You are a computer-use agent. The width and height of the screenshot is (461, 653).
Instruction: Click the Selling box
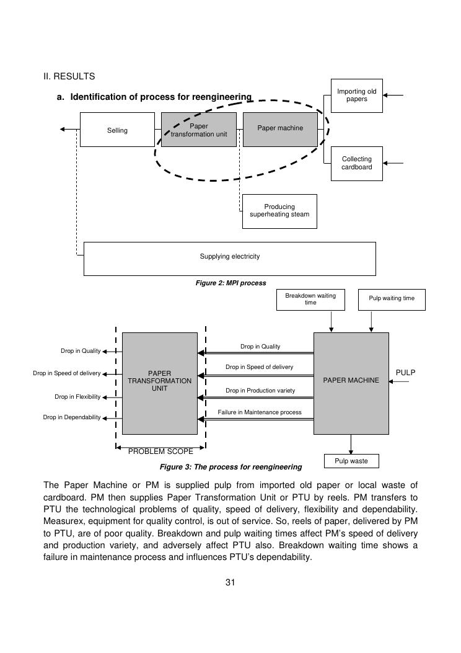117,130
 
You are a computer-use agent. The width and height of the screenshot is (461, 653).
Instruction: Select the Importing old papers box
356,96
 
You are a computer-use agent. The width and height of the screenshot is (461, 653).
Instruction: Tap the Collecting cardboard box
356,163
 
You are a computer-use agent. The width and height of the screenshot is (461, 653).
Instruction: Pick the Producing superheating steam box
279,211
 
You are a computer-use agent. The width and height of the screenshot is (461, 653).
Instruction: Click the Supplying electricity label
230,257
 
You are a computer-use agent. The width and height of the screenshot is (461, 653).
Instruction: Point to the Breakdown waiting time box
310,300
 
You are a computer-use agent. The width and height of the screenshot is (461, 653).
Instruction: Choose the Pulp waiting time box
392,298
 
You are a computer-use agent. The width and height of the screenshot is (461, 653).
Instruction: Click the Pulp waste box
351,461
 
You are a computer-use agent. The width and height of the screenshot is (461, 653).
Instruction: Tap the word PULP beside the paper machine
405,373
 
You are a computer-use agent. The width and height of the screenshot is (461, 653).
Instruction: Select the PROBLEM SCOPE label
160,451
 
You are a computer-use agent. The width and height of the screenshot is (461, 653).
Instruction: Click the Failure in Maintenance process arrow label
260,412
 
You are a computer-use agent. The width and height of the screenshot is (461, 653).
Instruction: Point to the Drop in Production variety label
260,391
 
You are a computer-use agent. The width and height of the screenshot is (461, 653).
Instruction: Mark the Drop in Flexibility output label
77,397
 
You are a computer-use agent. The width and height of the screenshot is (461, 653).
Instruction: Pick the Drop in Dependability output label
72,417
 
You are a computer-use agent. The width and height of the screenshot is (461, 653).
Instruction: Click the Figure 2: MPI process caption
230,283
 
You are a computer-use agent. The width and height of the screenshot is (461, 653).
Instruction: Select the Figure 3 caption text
230,467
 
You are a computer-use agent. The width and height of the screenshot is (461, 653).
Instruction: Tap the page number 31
230,582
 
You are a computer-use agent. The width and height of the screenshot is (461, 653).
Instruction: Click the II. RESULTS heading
69,77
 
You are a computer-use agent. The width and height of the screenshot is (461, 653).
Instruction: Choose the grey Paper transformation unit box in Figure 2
199,130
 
